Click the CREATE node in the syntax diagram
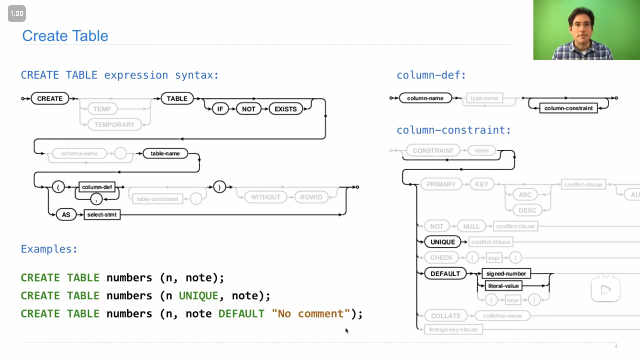50,99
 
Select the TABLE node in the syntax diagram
177,99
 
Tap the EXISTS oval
286,109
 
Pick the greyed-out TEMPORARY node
114,125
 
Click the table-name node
165,153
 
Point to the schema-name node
79,153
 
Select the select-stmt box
102,215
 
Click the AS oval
66,215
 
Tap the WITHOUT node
265,197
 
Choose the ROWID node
311,197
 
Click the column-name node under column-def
425,98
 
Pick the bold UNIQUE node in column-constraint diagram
442,242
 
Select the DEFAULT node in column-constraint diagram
445,274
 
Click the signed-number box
506,274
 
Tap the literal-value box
503,286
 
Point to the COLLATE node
446,316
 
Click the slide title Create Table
65,36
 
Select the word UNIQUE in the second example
199,296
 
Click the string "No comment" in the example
311,314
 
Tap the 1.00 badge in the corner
17,14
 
